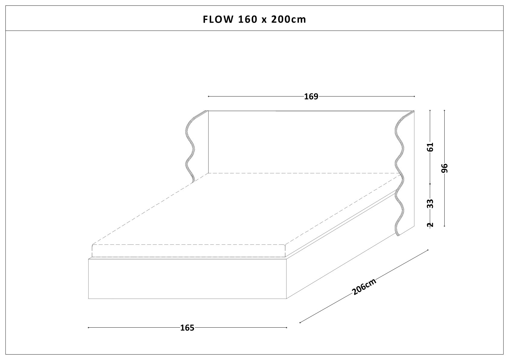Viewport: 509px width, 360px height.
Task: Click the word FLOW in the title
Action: click(x=218, y=19)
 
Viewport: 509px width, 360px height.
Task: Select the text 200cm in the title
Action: click(x=289, y=19)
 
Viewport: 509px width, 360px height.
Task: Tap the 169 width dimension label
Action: click(x=311, y=97)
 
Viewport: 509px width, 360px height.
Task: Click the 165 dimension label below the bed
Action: click(x=187, y=328)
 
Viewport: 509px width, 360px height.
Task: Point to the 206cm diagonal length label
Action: click(x=364, y=287)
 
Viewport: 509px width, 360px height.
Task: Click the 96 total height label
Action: click(x=445, y=168)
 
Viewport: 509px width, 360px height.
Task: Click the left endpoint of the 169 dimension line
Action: click(x=209, y=97)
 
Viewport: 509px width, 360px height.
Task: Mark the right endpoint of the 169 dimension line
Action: click(x=414, y=97)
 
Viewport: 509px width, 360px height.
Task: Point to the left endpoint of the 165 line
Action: click(x=88, y=327)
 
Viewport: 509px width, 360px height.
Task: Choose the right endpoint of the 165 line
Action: click(x=286, y=327)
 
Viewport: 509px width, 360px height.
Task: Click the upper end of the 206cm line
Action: click(x=428, y=250)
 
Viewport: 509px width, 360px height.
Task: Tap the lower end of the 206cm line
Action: click(x=300, y=322)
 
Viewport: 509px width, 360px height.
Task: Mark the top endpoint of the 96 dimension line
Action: click(x=444, y=111)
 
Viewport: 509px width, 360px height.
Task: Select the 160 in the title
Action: click(x=248, y=19)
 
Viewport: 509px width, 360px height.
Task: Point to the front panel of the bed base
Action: click(x=187, y=279)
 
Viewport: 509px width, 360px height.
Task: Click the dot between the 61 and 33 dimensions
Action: click(x=430, y=184)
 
